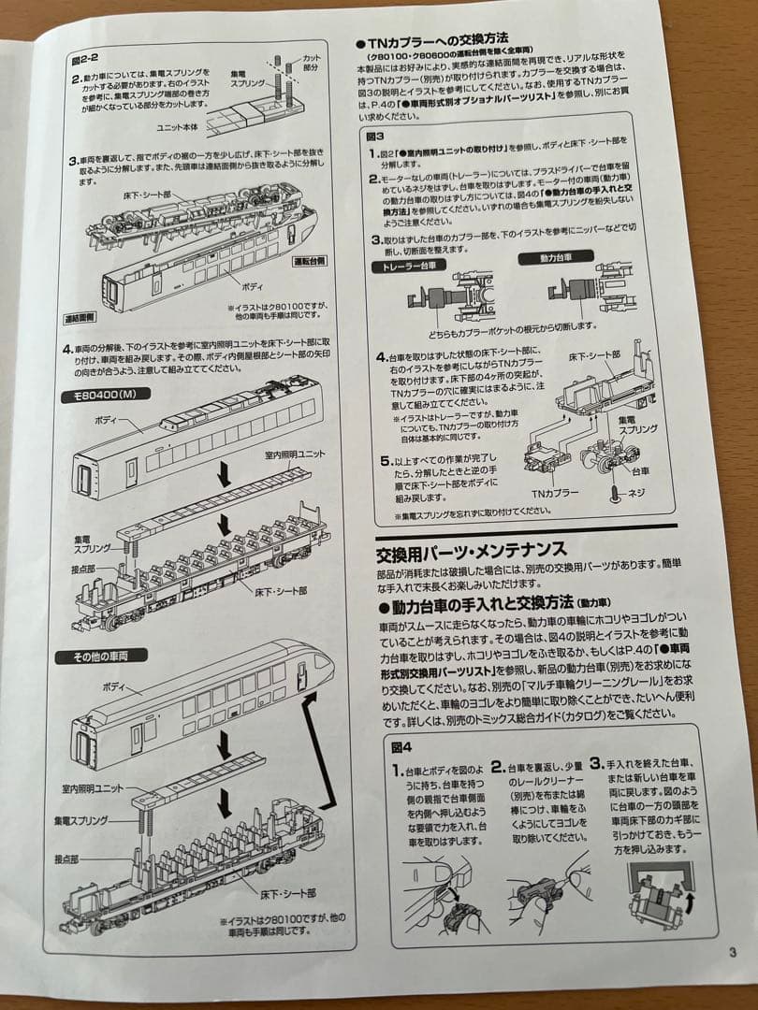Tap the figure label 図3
tap(375, 136)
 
